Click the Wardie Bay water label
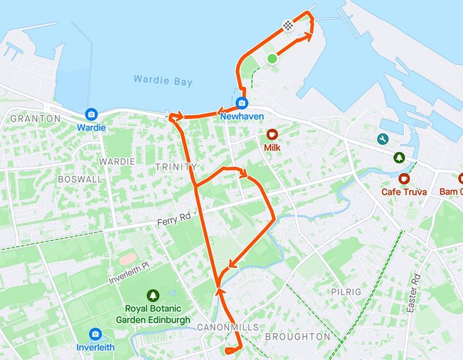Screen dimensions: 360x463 (x=163, y=81)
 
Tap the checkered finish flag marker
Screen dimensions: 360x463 (x=287, y=24)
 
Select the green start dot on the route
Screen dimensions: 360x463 (x=272, y=58)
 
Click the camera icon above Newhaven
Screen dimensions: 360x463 (x=242, y=103)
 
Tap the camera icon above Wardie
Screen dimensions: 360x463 (x=91, y=114)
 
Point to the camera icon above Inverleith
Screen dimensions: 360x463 (x=96, y=334)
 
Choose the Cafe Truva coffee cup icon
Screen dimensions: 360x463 (x=404, y=179)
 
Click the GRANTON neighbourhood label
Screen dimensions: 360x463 (x=35, y=118)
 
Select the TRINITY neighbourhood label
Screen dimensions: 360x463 (x=176, y=167)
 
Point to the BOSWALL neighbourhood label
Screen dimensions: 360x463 (x=80, y=179)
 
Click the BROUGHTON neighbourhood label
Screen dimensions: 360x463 (x=297, y=336)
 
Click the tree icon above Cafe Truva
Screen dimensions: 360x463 (x=398, y=157)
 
